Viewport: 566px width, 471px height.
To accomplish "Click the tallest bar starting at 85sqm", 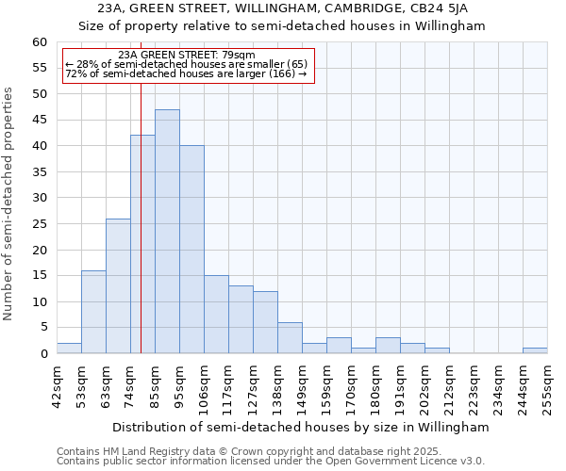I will click(x=167, y=232).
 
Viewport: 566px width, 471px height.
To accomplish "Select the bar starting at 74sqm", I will click(x=142, y=244).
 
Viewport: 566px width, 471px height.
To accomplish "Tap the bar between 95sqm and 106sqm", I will click(x=191, y=250).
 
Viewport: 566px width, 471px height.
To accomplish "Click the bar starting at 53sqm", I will click(x=93, y=312).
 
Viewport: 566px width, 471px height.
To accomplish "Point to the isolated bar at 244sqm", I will click(x=535, y=350).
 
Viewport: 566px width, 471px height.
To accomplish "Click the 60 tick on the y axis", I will click(x=40, y=42).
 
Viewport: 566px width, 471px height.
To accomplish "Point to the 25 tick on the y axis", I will click(x=40, y=224).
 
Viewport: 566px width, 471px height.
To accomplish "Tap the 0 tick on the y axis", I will click(x=43, y=354).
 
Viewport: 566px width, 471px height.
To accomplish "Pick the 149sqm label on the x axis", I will click(x=303, y=384).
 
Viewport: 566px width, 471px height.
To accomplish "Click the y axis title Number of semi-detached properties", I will click(x=9, y=203).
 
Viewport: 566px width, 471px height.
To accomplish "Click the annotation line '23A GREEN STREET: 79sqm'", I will click(x=187, y=56).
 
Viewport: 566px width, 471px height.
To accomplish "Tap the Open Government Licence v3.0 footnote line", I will click(x=271, y=461).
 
